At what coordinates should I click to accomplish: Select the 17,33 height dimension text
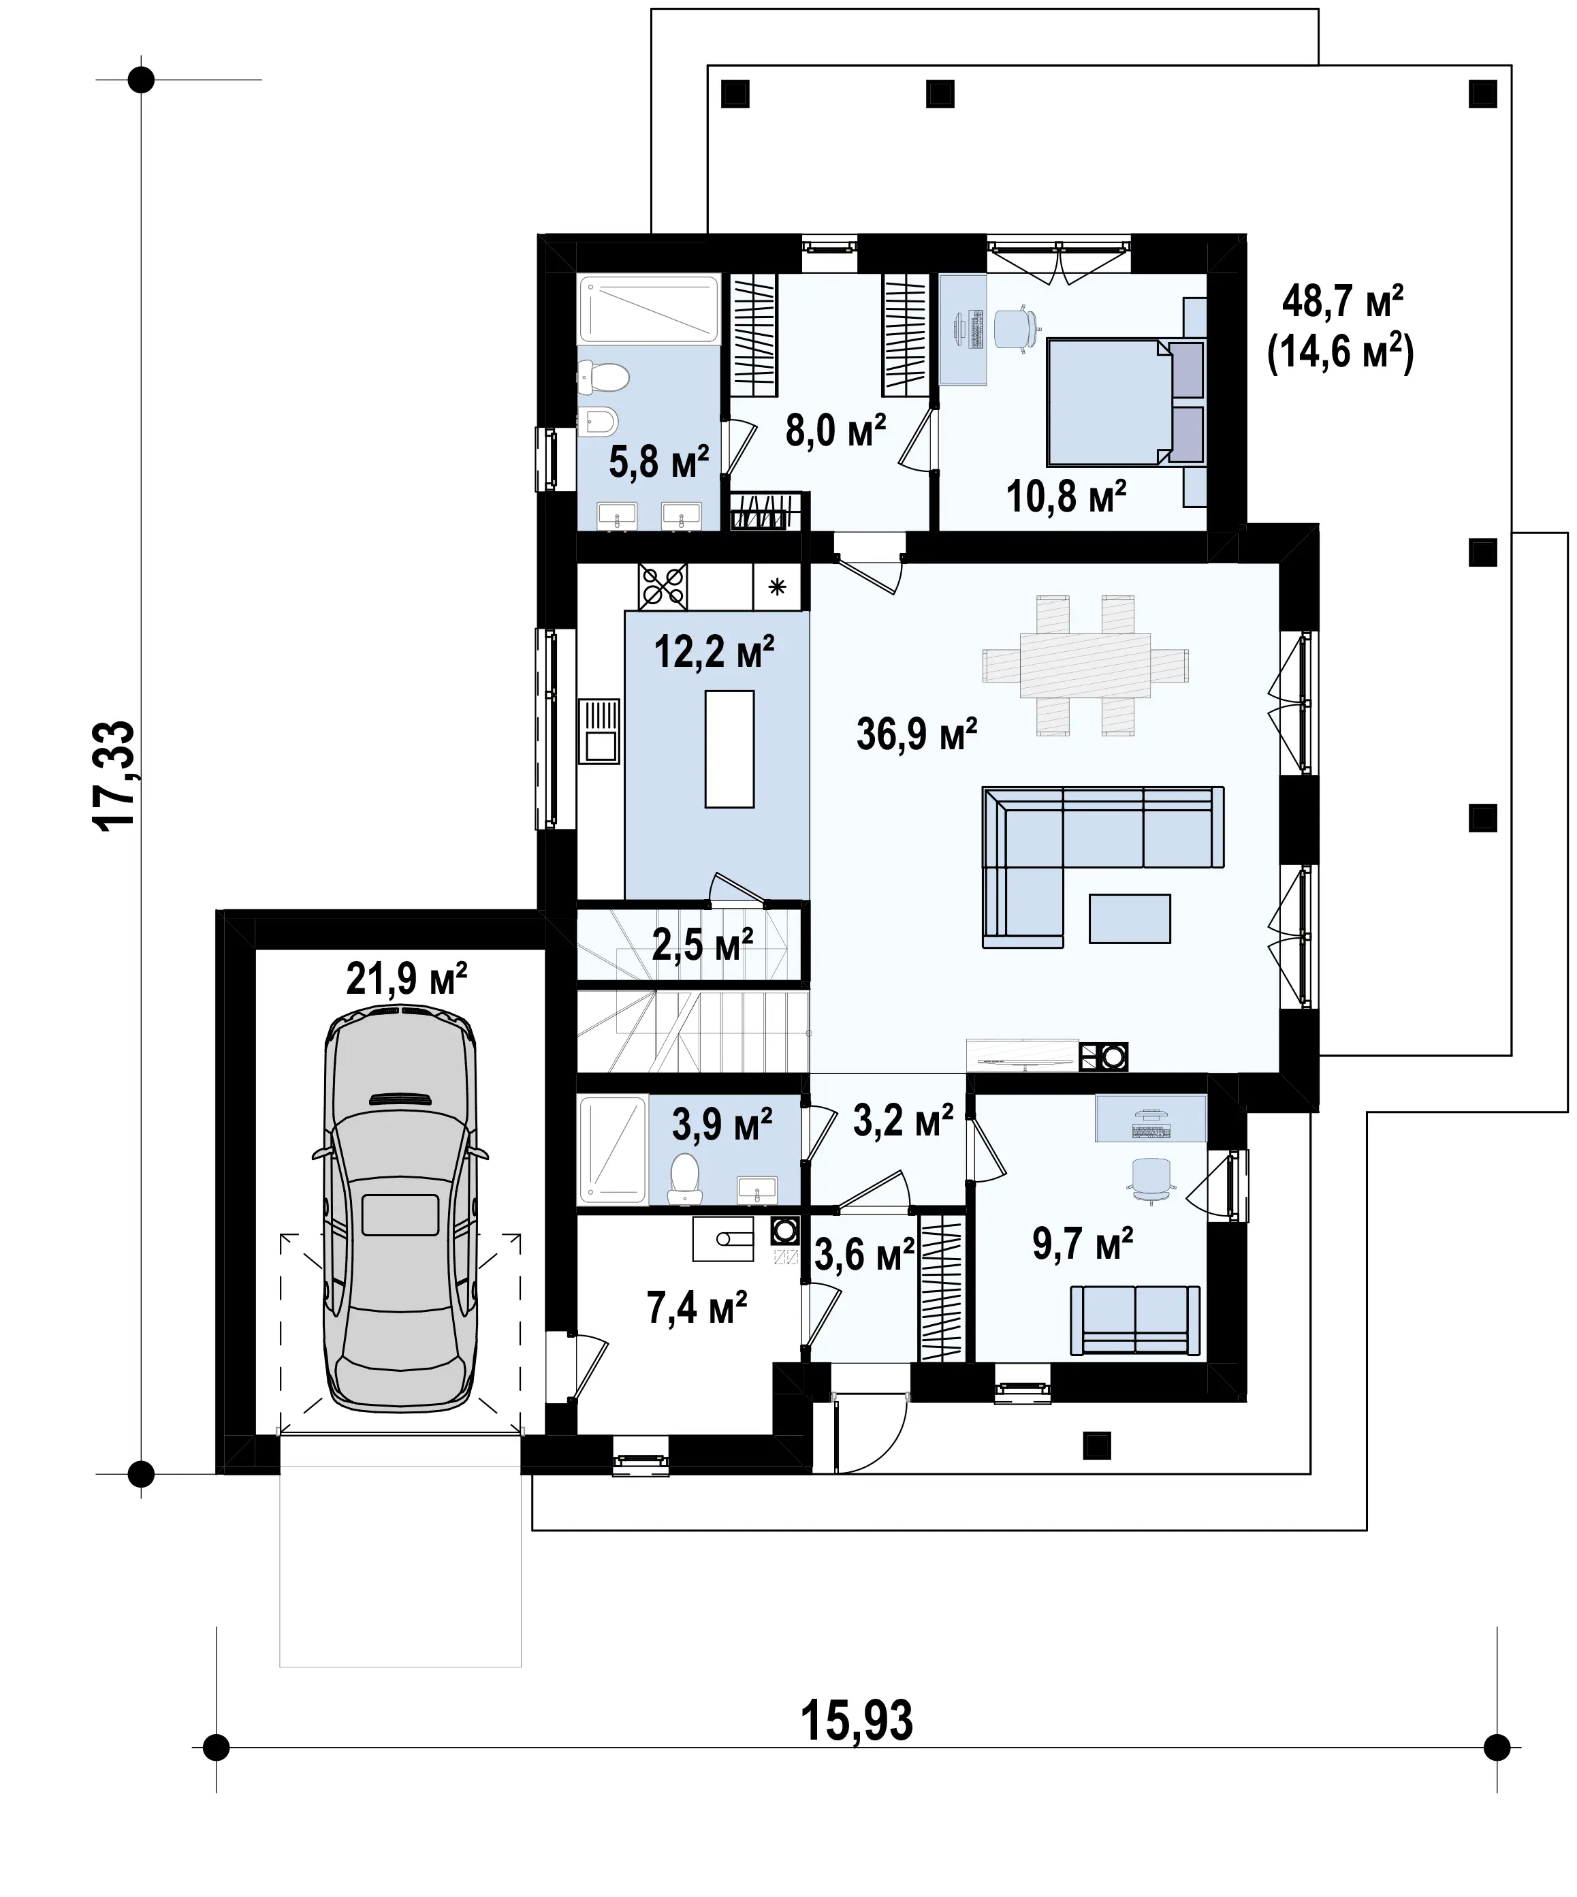click(116, 776)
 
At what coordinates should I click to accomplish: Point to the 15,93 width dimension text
click(856, 1720)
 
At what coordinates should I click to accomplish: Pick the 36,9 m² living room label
click(917, 734)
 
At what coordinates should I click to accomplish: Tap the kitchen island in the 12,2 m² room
click(730, 748)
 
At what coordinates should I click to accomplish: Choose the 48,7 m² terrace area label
click(1343, 301)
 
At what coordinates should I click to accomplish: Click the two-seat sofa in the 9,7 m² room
click(1135, 1321)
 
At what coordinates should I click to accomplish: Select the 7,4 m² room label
click(697, 1307)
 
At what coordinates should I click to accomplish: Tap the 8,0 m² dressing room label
click(835, 431)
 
